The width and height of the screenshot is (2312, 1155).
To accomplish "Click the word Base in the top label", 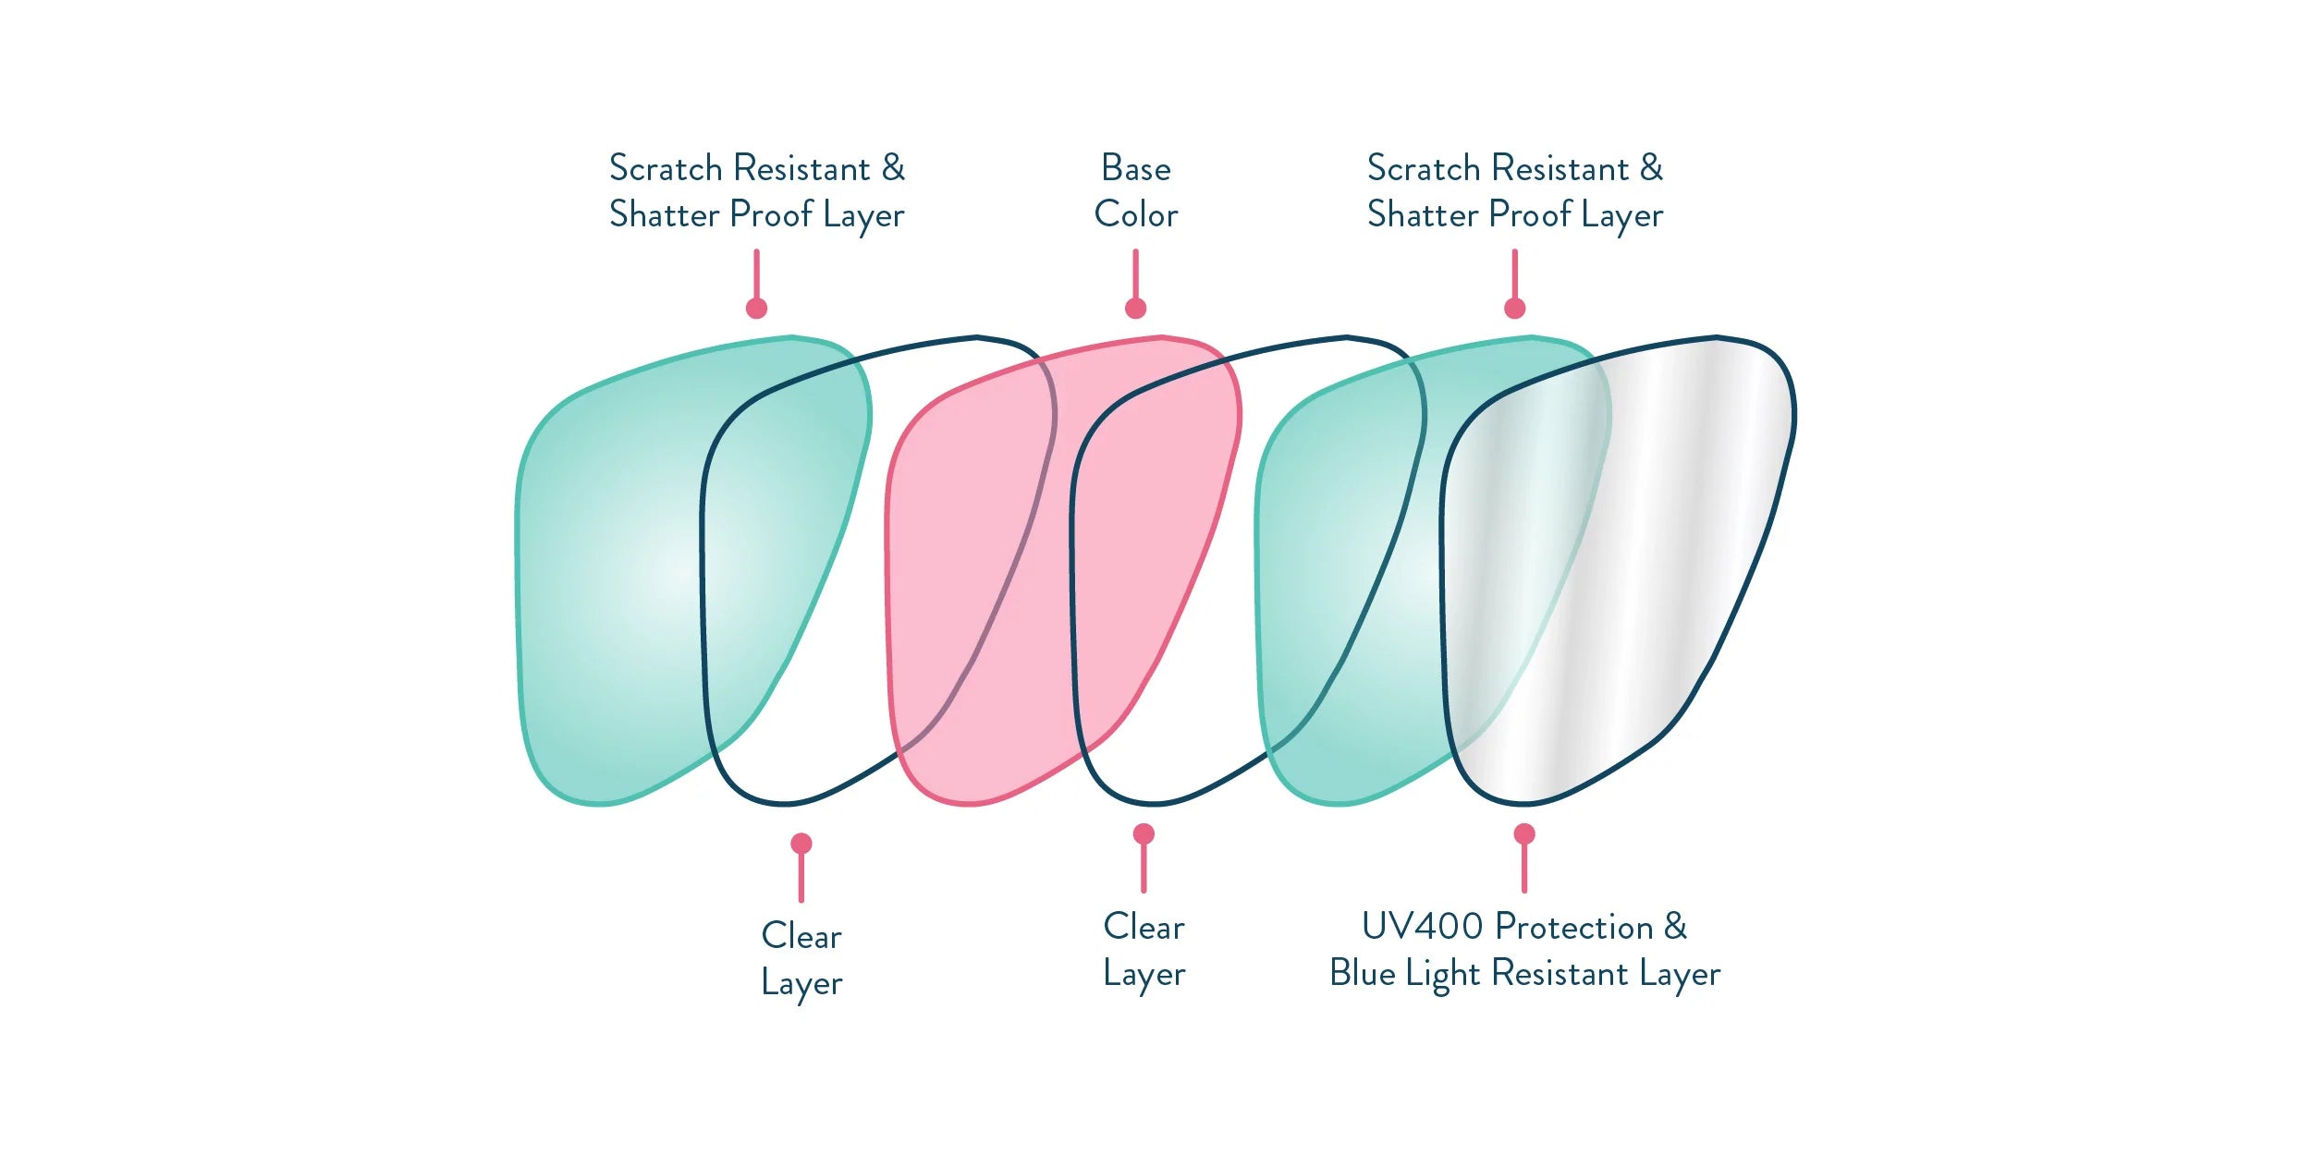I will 1135,169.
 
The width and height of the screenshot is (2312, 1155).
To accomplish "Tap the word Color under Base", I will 1135,215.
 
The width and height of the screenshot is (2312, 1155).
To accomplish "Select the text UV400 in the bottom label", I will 1422,927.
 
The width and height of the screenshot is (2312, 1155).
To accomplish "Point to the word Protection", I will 1574,927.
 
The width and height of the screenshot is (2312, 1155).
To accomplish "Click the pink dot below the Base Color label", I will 1135,309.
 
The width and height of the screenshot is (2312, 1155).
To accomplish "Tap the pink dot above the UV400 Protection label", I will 1524,834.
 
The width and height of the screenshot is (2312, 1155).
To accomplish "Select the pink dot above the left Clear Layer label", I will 801,844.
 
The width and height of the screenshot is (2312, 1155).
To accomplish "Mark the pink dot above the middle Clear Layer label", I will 1144,834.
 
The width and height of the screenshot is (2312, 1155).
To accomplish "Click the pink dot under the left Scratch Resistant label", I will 756,309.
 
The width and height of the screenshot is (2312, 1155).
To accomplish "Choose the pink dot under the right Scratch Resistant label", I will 1514,309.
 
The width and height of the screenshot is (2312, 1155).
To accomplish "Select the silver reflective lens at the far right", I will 1664,554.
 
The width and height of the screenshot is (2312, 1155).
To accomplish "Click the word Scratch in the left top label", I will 666,169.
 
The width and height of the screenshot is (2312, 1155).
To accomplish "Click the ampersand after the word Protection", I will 1675,927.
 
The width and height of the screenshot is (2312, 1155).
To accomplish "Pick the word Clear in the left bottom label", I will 801,936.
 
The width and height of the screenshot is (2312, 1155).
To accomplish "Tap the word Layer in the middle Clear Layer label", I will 1144,975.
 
